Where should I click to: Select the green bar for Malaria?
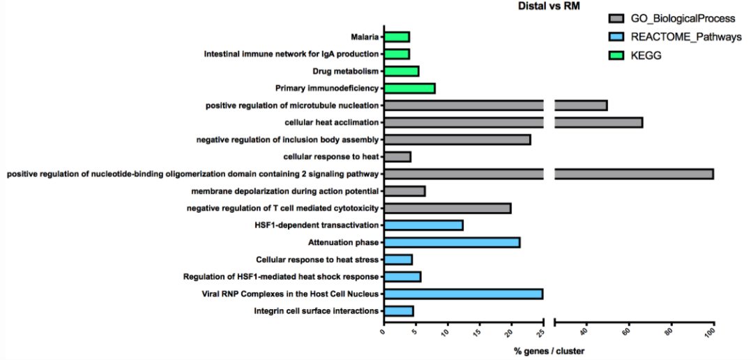tap(397, 37)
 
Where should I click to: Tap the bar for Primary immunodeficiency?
tap(409, 89)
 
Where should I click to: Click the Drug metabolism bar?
tap(401, 71)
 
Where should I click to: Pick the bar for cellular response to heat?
tap(397, 157)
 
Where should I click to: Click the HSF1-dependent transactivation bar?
tap(423, 225)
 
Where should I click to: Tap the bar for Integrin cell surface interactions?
tap(399, 311)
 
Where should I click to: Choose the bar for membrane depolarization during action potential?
tap(404, 191)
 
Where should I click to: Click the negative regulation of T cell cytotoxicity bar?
tap(447, 208)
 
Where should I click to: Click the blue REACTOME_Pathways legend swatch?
tap(618, 38)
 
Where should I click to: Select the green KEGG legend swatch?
tap(618, 56)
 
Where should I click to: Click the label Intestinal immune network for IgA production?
tap(291, 54)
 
